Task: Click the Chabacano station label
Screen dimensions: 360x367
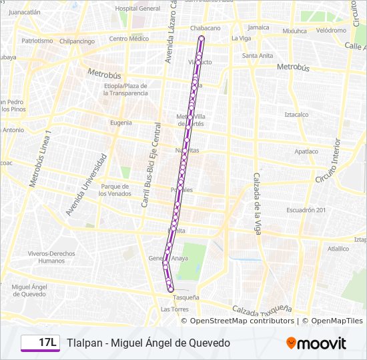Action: tap(205, 28)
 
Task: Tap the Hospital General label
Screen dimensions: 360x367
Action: tap(137, 9)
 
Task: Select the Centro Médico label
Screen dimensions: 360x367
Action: tap(129, 39)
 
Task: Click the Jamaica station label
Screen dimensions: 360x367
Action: tap(258, 27)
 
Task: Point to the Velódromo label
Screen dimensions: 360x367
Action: tap(331, 31)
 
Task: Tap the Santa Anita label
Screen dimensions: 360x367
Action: tap(257, 55)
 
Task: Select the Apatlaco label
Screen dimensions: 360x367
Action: tap(306, 151)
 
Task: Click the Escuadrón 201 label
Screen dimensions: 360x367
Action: tap(306, 210)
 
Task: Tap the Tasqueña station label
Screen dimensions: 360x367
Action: tap(186, 297)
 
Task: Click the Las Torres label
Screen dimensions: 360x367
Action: tap(175, 309)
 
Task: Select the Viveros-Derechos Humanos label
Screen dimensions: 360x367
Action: tap(51, 257)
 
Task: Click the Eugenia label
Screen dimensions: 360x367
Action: tap(121, 122)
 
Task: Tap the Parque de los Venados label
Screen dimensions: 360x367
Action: tap(115, 190)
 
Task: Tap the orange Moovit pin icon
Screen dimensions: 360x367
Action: tap(291, 343)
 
